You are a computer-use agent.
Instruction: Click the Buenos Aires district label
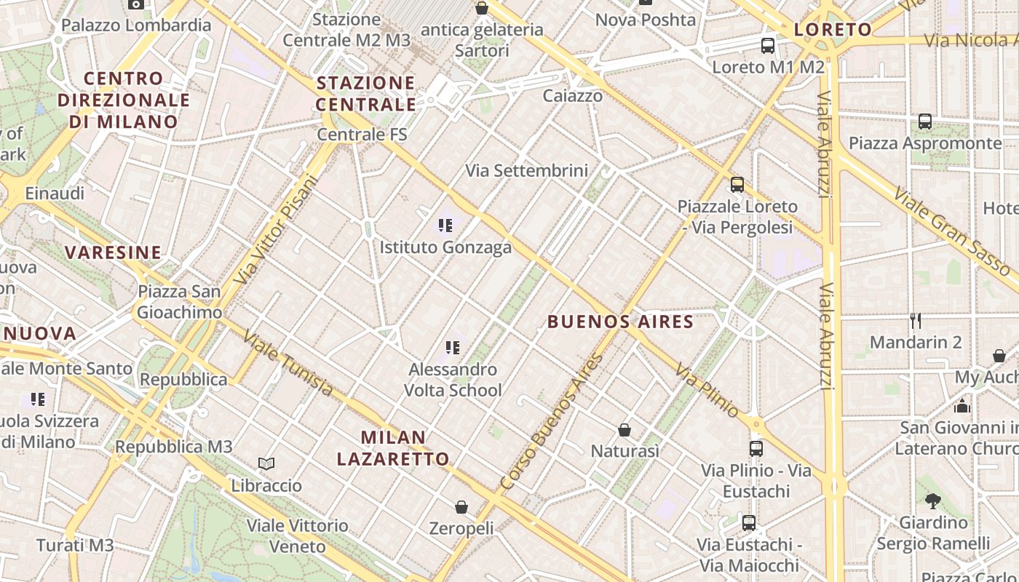coord(620,322)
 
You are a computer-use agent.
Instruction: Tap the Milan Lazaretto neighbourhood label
coord(393,448)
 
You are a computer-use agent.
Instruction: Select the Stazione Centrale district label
coord(366,94)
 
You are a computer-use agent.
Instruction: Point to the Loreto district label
coord(833,30)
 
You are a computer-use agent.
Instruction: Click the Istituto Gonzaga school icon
coord(445,226)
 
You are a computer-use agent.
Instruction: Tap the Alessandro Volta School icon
coord(453,348)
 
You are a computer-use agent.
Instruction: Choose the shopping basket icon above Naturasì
coord(625,430)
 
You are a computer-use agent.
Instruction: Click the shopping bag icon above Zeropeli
coord(461,506)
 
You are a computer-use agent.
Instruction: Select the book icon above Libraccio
coord(266,463)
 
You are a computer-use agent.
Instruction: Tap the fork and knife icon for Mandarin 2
coord(916,320)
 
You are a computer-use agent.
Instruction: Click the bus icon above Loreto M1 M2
coord(768,46)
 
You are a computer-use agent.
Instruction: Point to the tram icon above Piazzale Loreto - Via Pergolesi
coord(737,185)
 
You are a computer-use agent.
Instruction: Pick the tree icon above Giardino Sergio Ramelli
coord(932,501)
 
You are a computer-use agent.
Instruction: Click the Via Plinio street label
coord(707,391)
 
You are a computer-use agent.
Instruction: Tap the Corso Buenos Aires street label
coord(552,421)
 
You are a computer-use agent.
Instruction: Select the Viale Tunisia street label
coord(288,363)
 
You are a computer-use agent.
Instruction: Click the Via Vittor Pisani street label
coord(277,230)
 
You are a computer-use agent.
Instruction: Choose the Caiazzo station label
coord(573,95)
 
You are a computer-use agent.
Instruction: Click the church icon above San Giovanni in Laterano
coord(962,406)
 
